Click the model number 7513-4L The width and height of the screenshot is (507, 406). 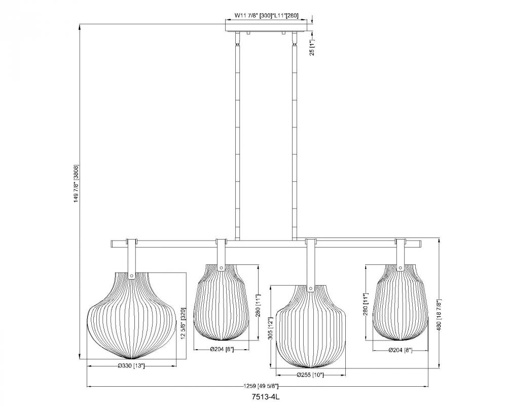pos(265,397)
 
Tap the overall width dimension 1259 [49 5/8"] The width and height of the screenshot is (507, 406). pos(261,386)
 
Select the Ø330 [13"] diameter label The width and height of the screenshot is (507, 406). pos(131,366)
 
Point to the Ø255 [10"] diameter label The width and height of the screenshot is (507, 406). pos(310,375)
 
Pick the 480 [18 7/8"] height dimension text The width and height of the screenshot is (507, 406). pos(439,314)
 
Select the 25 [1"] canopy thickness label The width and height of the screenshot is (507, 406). pos(312,47)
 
